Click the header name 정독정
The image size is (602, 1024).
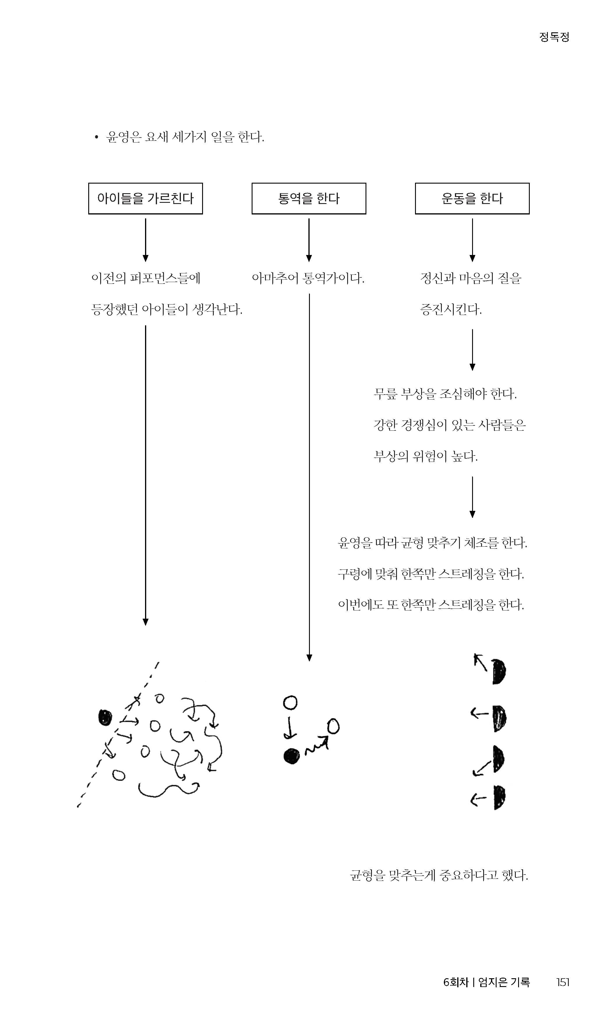555,37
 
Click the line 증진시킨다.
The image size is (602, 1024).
451,310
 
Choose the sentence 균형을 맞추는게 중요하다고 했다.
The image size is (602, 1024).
439,875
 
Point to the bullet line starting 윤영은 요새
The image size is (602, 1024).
179,137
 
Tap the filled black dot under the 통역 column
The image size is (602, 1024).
291,756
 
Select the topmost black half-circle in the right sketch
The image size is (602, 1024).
499,672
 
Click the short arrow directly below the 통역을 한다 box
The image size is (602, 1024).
309,240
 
